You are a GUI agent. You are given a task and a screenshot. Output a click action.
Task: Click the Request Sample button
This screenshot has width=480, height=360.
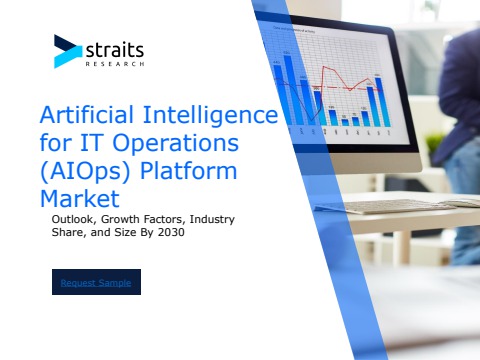tap(97, 282)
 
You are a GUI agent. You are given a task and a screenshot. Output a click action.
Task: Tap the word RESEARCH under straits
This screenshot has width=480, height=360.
tap(117, 63)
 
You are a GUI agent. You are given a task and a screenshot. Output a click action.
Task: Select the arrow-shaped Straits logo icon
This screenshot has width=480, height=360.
tap(67, 51)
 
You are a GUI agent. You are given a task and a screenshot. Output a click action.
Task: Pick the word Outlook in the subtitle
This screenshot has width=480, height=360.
tap(75, 217)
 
